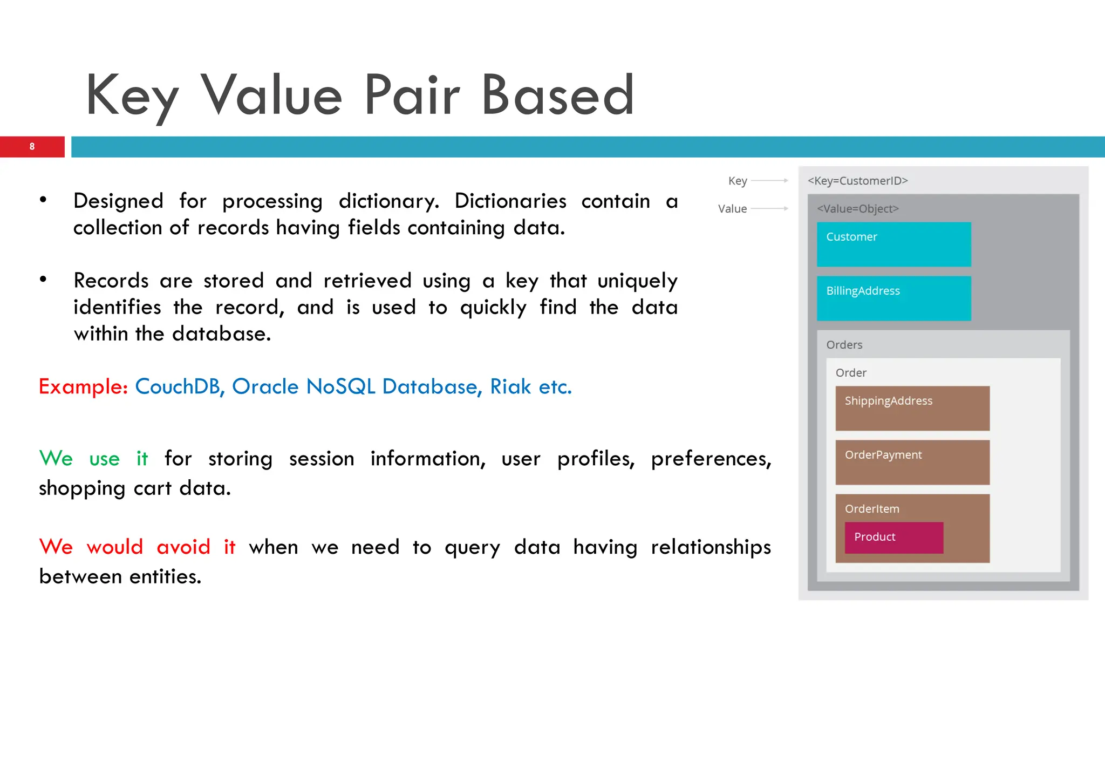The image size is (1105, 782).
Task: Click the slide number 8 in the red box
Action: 32,146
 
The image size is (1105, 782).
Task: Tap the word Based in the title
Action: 557,96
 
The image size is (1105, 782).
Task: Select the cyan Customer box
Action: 893,244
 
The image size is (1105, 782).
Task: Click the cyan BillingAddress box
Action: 893,298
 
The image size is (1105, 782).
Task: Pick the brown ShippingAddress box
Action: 912,409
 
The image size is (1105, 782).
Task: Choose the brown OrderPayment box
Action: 912,463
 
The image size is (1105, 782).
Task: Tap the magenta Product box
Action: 893,538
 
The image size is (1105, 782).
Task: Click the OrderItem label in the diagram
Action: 872,509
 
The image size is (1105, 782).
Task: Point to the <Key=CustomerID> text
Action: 857,181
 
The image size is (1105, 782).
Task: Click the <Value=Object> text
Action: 857,209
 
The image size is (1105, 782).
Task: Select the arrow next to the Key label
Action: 769,181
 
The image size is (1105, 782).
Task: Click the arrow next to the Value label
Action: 769,208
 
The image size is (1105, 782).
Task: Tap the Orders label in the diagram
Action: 844,345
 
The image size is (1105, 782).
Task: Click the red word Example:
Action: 83,387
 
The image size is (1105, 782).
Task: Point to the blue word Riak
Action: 510,387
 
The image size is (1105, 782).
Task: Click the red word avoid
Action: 183,547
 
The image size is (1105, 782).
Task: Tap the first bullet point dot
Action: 43,200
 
